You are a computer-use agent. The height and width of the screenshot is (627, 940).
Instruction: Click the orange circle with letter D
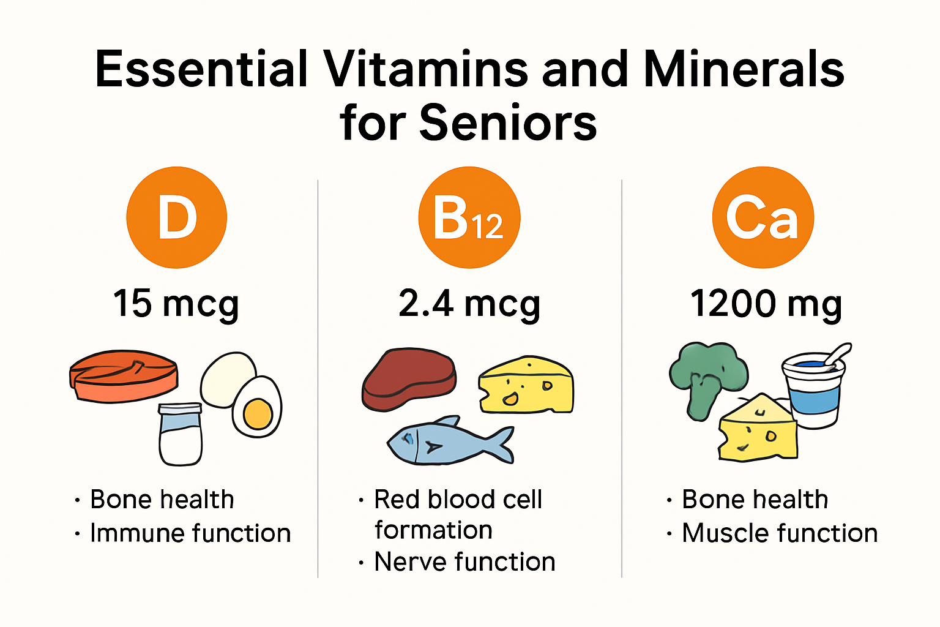(177, 217)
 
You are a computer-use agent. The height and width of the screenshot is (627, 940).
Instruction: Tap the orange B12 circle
(469, 217)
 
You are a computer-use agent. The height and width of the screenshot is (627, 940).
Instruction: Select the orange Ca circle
(763, 217)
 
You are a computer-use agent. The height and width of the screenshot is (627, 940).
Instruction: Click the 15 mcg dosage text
(176, 304)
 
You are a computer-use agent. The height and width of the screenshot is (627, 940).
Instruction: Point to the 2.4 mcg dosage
(469, 304)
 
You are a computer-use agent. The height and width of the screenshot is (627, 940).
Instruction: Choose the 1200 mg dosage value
(766, 304)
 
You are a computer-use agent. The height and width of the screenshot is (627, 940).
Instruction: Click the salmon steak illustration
(124, 377)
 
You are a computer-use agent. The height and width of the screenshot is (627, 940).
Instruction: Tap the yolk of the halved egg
(258, 414)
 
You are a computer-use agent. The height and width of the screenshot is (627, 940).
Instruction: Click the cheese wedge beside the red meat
(526, 385)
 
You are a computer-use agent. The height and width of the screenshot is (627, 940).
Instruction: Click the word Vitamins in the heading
(426, 69)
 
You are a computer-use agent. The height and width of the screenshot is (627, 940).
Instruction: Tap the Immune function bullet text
(190, 533)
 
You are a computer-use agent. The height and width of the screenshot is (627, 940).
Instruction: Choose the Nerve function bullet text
(464, 561)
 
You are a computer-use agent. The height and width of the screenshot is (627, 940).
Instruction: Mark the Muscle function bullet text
(780, 533)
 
